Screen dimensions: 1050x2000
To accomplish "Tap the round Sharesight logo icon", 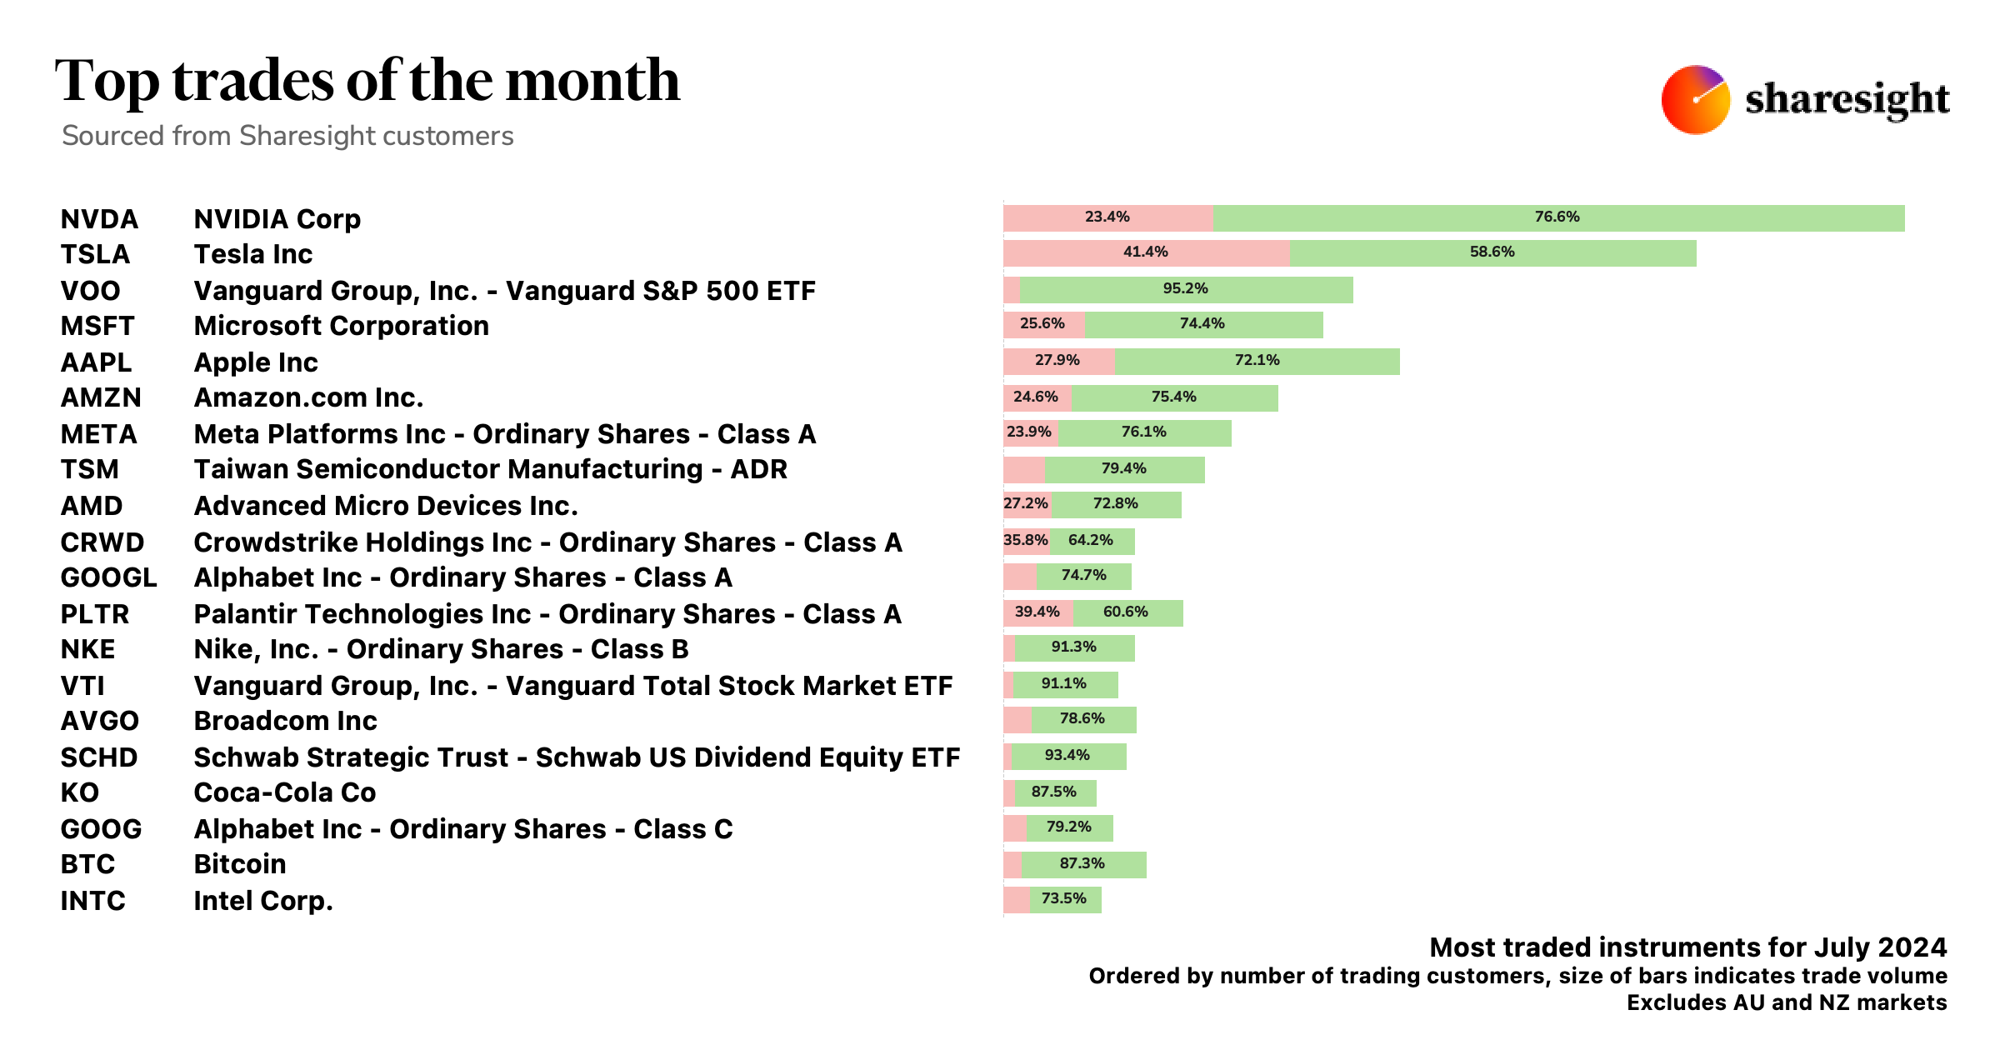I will pos(1695,100).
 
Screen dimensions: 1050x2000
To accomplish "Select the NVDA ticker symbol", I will pos(99,219).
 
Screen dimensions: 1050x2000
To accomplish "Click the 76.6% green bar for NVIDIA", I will pos(1557,217).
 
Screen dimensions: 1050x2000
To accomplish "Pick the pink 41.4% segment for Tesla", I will pos(1145,252).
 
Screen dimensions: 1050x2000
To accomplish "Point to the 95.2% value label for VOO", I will pos(1185,288).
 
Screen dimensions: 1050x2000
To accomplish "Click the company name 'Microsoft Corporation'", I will pos(341,326).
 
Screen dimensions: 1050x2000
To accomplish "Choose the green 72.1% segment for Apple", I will pos(1257,361).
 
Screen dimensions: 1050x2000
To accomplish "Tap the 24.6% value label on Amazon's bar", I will pos(1035,397).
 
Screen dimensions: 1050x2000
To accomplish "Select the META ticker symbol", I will pos(98,434).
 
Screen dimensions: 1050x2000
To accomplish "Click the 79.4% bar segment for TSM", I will pos(1124,469).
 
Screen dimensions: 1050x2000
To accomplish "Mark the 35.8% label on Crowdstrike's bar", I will pos(1025,540).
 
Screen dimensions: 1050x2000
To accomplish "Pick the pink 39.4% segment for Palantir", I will pos(1037,612).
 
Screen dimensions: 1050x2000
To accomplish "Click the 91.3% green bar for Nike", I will pos(1074,647).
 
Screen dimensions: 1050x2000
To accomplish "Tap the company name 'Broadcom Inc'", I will pos(285,721).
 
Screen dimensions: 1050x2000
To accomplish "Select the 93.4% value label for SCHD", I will pos(1067,756).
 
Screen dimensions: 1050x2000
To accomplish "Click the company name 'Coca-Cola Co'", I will pos(284,792).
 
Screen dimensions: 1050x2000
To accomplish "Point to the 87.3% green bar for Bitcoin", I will pos(1082,864).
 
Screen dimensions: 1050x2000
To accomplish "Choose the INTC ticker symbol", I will pos(92,901).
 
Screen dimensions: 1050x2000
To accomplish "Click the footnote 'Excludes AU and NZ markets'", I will pos(1786,1002).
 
